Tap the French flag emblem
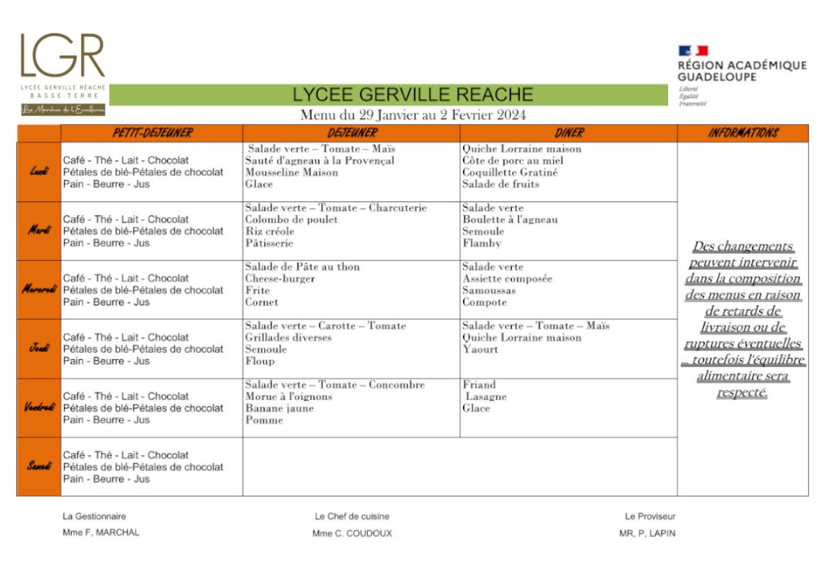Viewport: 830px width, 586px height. click(x=693, y=50)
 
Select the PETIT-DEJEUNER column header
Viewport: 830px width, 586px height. click(x=152, y=133)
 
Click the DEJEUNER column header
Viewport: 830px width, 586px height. click(x=351, y=133)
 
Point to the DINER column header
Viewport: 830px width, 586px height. click(x=569, y=133)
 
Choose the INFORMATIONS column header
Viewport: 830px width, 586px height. click(x=743, y=133)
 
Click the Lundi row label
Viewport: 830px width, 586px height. click(x=39, y=172)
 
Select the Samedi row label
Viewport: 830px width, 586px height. click(x=39, y=467)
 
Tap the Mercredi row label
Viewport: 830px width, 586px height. click(x=39, y=289)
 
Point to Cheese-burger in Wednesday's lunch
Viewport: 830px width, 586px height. click(x=280, y=279)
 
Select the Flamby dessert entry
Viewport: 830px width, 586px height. click(x=481, y=243)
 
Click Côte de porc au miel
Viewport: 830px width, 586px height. click(x=513, y=161)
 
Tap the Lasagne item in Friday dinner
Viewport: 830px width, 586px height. click(x=486, y=397)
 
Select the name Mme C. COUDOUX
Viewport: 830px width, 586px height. click(x=352, y=534)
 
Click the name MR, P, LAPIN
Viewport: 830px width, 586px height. click(x=647, y=534)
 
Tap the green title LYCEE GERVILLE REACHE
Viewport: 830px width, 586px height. click(x=413, y=94)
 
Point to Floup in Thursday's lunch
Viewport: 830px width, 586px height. click(x=260, y=361)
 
